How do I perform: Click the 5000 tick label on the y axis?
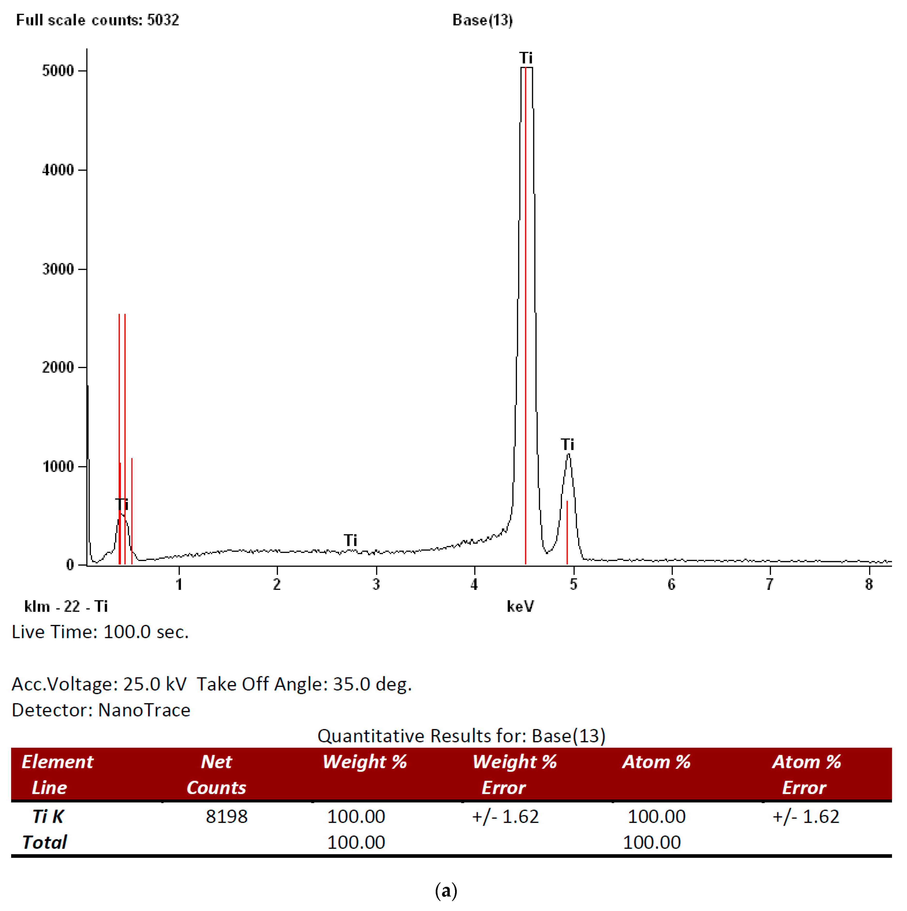[58, 71]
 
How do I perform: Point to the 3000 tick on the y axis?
[58, 269]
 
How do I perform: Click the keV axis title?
[520, 606]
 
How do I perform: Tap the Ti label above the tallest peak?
[526, 58]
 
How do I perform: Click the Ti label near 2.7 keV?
[351, 540]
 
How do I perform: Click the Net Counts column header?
[217, 775]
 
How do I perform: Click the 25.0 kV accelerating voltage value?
[155, 684]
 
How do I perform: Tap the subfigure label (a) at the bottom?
[446, 891]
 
